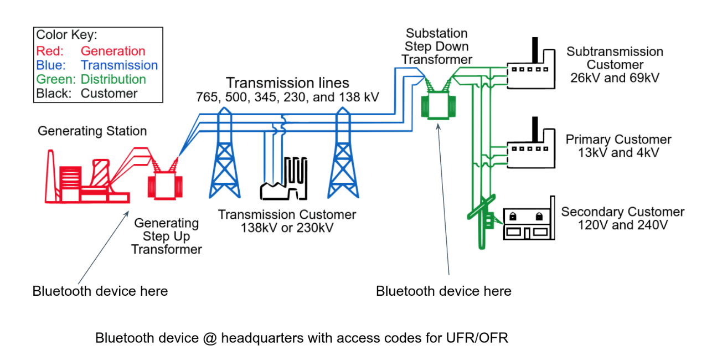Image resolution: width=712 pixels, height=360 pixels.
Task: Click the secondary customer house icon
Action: point(529,221)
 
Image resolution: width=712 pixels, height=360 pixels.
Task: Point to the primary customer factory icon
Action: point(532,150)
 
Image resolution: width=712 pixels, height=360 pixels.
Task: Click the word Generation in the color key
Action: point(113,52)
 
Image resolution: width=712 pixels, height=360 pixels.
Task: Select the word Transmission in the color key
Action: point(119,65)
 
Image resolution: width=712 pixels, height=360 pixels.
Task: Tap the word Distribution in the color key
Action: point(113,79)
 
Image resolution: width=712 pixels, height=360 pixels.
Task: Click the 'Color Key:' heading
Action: point(66,35)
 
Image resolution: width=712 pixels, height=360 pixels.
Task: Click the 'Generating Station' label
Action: point(92,131)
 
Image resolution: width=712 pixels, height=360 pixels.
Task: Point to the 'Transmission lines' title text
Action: point(287,83)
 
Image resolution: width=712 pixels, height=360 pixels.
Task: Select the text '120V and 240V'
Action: point(623,225)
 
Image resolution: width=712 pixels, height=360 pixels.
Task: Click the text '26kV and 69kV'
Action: point(615,78)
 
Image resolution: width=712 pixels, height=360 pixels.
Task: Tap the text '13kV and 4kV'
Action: point(618,153)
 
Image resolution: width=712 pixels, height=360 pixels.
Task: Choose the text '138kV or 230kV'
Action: point(287,227)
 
